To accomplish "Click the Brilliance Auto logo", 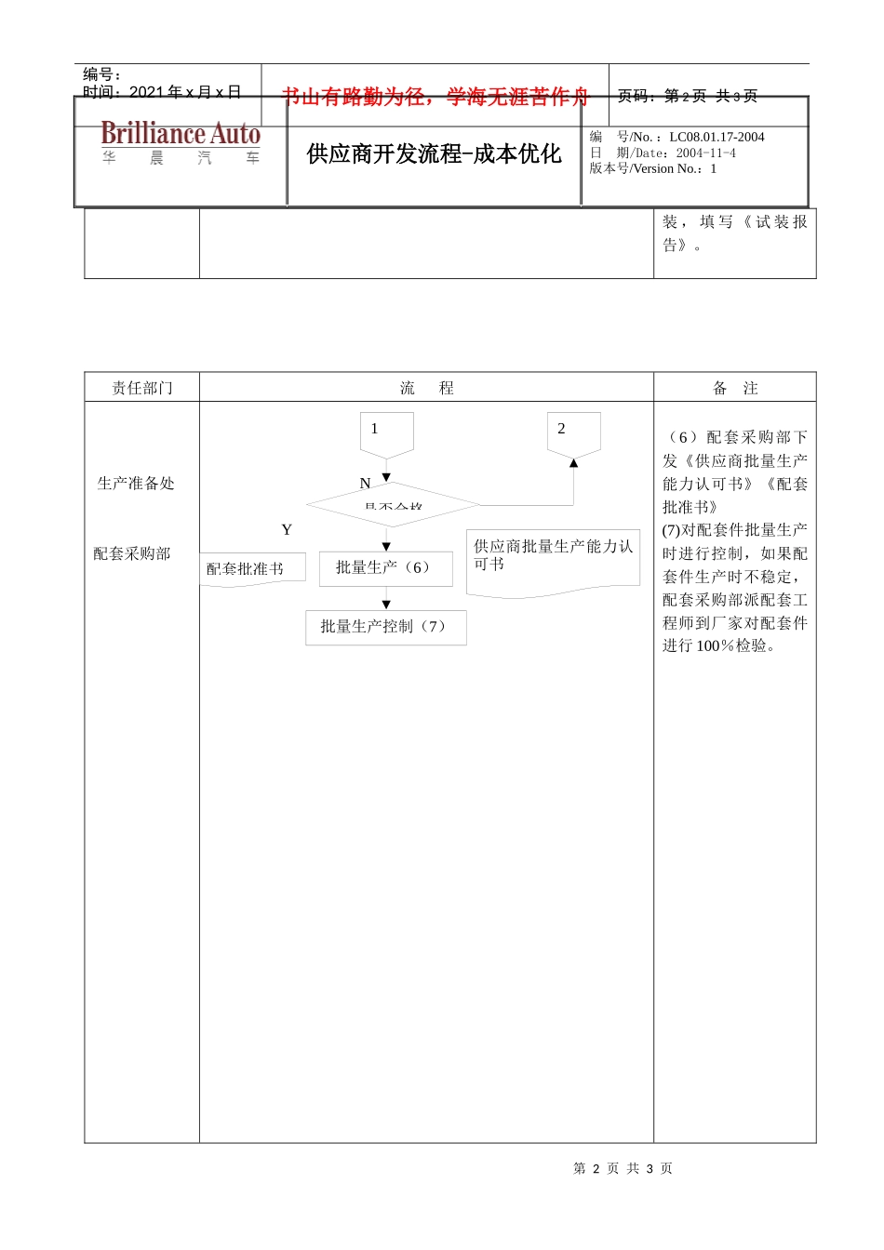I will point(181,142).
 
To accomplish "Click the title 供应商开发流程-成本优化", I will point(434,154).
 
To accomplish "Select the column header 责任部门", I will point(142,388).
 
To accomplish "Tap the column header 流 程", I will point(426,388).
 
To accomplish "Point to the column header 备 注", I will point(735,388).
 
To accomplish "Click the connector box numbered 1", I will point(386,432).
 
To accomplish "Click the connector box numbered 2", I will point(573,432).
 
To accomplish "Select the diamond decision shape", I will point(393,505).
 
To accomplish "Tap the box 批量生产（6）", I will point(385,568).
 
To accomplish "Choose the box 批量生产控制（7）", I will point(385,627).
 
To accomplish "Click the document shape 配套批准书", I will point(251,568).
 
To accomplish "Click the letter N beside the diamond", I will point(365,484).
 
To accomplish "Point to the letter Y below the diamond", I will point(287,530).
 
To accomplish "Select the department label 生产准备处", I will point(136,484).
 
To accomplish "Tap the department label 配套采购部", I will point(132,554).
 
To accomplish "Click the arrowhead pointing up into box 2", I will point(573,462).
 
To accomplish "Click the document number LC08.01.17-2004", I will point(717,137).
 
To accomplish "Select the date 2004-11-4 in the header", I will point(705,153).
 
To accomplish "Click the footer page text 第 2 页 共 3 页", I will point(623,1168).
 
